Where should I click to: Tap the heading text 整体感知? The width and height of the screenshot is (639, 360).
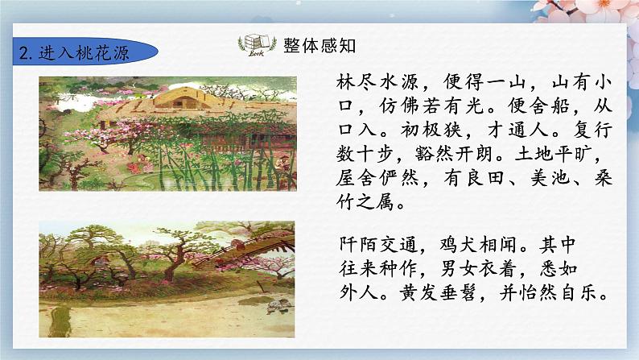click(315, 45)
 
